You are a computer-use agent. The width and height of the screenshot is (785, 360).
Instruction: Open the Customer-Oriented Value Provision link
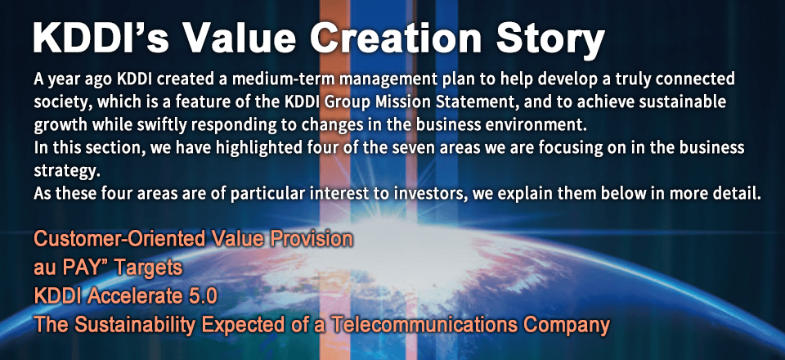[x=193, y=241]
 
